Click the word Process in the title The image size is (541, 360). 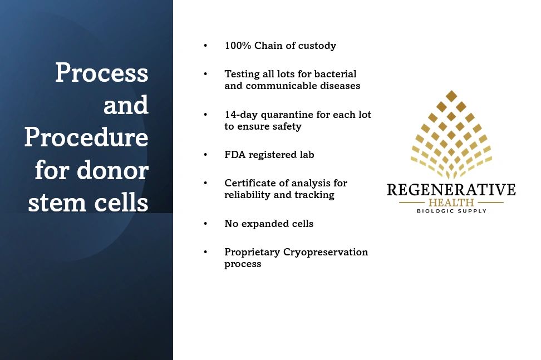102,72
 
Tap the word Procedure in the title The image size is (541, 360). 86,137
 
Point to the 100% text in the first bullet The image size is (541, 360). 238,46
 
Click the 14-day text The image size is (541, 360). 241,115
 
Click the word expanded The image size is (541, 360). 265,224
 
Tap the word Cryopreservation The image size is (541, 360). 326,252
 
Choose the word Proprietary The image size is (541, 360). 252,252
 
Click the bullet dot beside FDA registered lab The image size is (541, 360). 205,155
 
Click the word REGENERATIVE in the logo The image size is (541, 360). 451,190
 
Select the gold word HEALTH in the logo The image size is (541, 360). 451,203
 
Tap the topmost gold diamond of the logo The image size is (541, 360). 451,96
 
